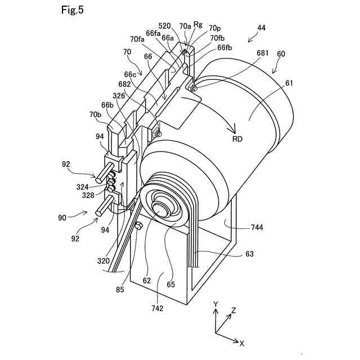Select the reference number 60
pos(281,54)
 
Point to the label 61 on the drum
pos(289,83)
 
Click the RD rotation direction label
pos(237,139)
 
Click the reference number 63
pos(249,254)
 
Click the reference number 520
pos(164,26)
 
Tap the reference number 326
pos(119,96)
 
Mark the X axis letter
pos(241,343)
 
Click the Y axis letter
pos(215,304)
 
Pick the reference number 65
pos(171,284)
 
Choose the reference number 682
pos(125,84)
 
